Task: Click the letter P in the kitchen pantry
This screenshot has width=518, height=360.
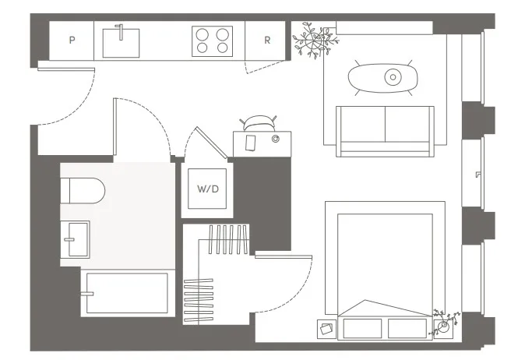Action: tap(72, 41)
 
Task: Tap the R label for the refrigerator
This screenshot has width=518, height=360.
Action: tap(267, 41)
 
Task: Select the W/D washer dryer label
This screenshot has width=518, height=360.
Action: tap(206, 189)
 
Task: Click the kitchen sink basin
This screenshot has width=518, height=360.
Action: tap(121, 42)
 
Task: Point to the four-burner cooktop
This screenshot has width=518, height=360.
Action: tap(213, 41)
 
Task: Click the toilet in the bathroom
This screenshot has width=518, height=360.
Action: tap(82, 190)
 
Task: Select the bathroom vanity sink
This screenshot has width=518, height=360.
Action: tap(76, 238)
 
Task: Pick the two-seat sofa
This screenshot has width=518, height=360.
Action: tap(384, 130)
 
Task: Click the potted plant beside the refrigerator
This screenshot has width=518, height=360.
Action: tap(315, 41)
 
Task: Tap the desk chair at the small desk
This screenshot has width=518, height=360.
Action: tap(259, 122)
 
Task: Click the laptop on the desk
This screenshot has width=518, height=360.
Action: tap(251, 143)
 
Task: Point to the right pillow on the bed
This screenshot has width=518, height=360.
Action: tap(408, 327)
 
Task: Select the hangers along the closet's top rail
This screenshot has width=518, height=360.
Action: tap(231, 238)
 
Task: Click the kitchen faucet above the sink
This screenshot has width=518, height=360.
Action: tap(121, 31)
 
